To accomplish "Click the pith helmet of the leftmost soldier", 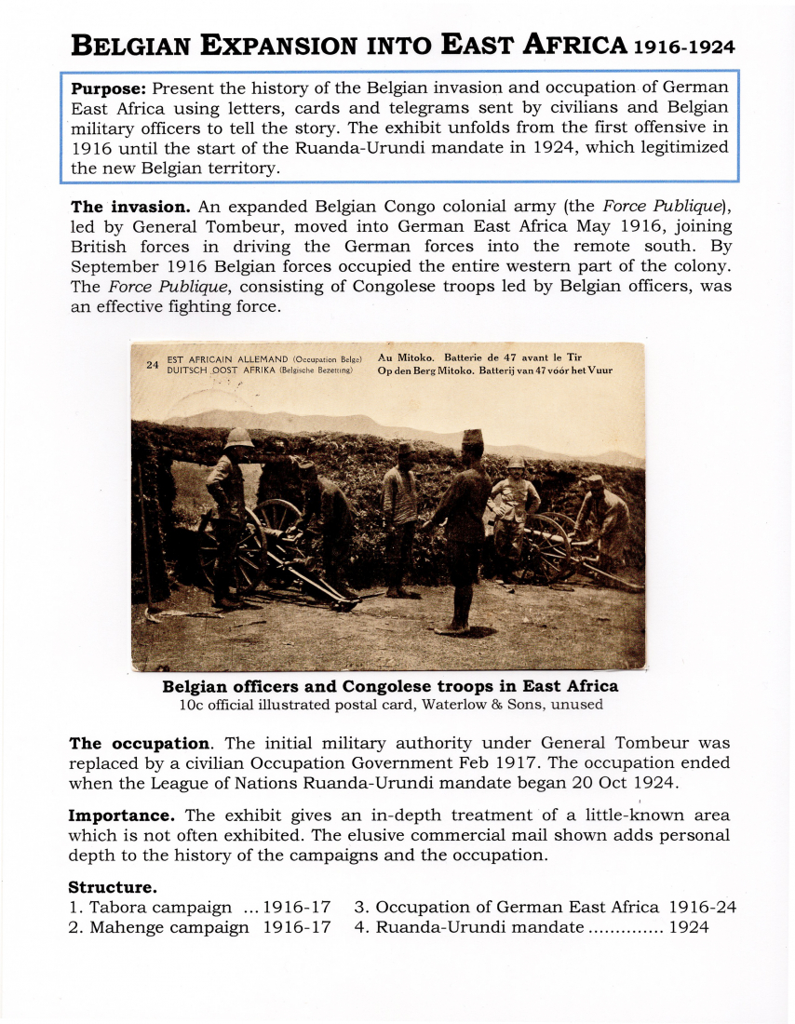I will (239, 437).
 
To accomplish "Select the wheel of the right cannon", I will (547, 544).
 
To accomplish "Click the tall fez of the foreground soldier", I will (474, 437).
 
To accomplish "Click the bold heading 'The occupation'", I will (140, 744).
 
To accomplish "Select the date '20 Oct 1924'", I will (611, 782).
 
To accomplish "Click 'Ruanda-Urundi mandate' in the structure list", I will (479, 927).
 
